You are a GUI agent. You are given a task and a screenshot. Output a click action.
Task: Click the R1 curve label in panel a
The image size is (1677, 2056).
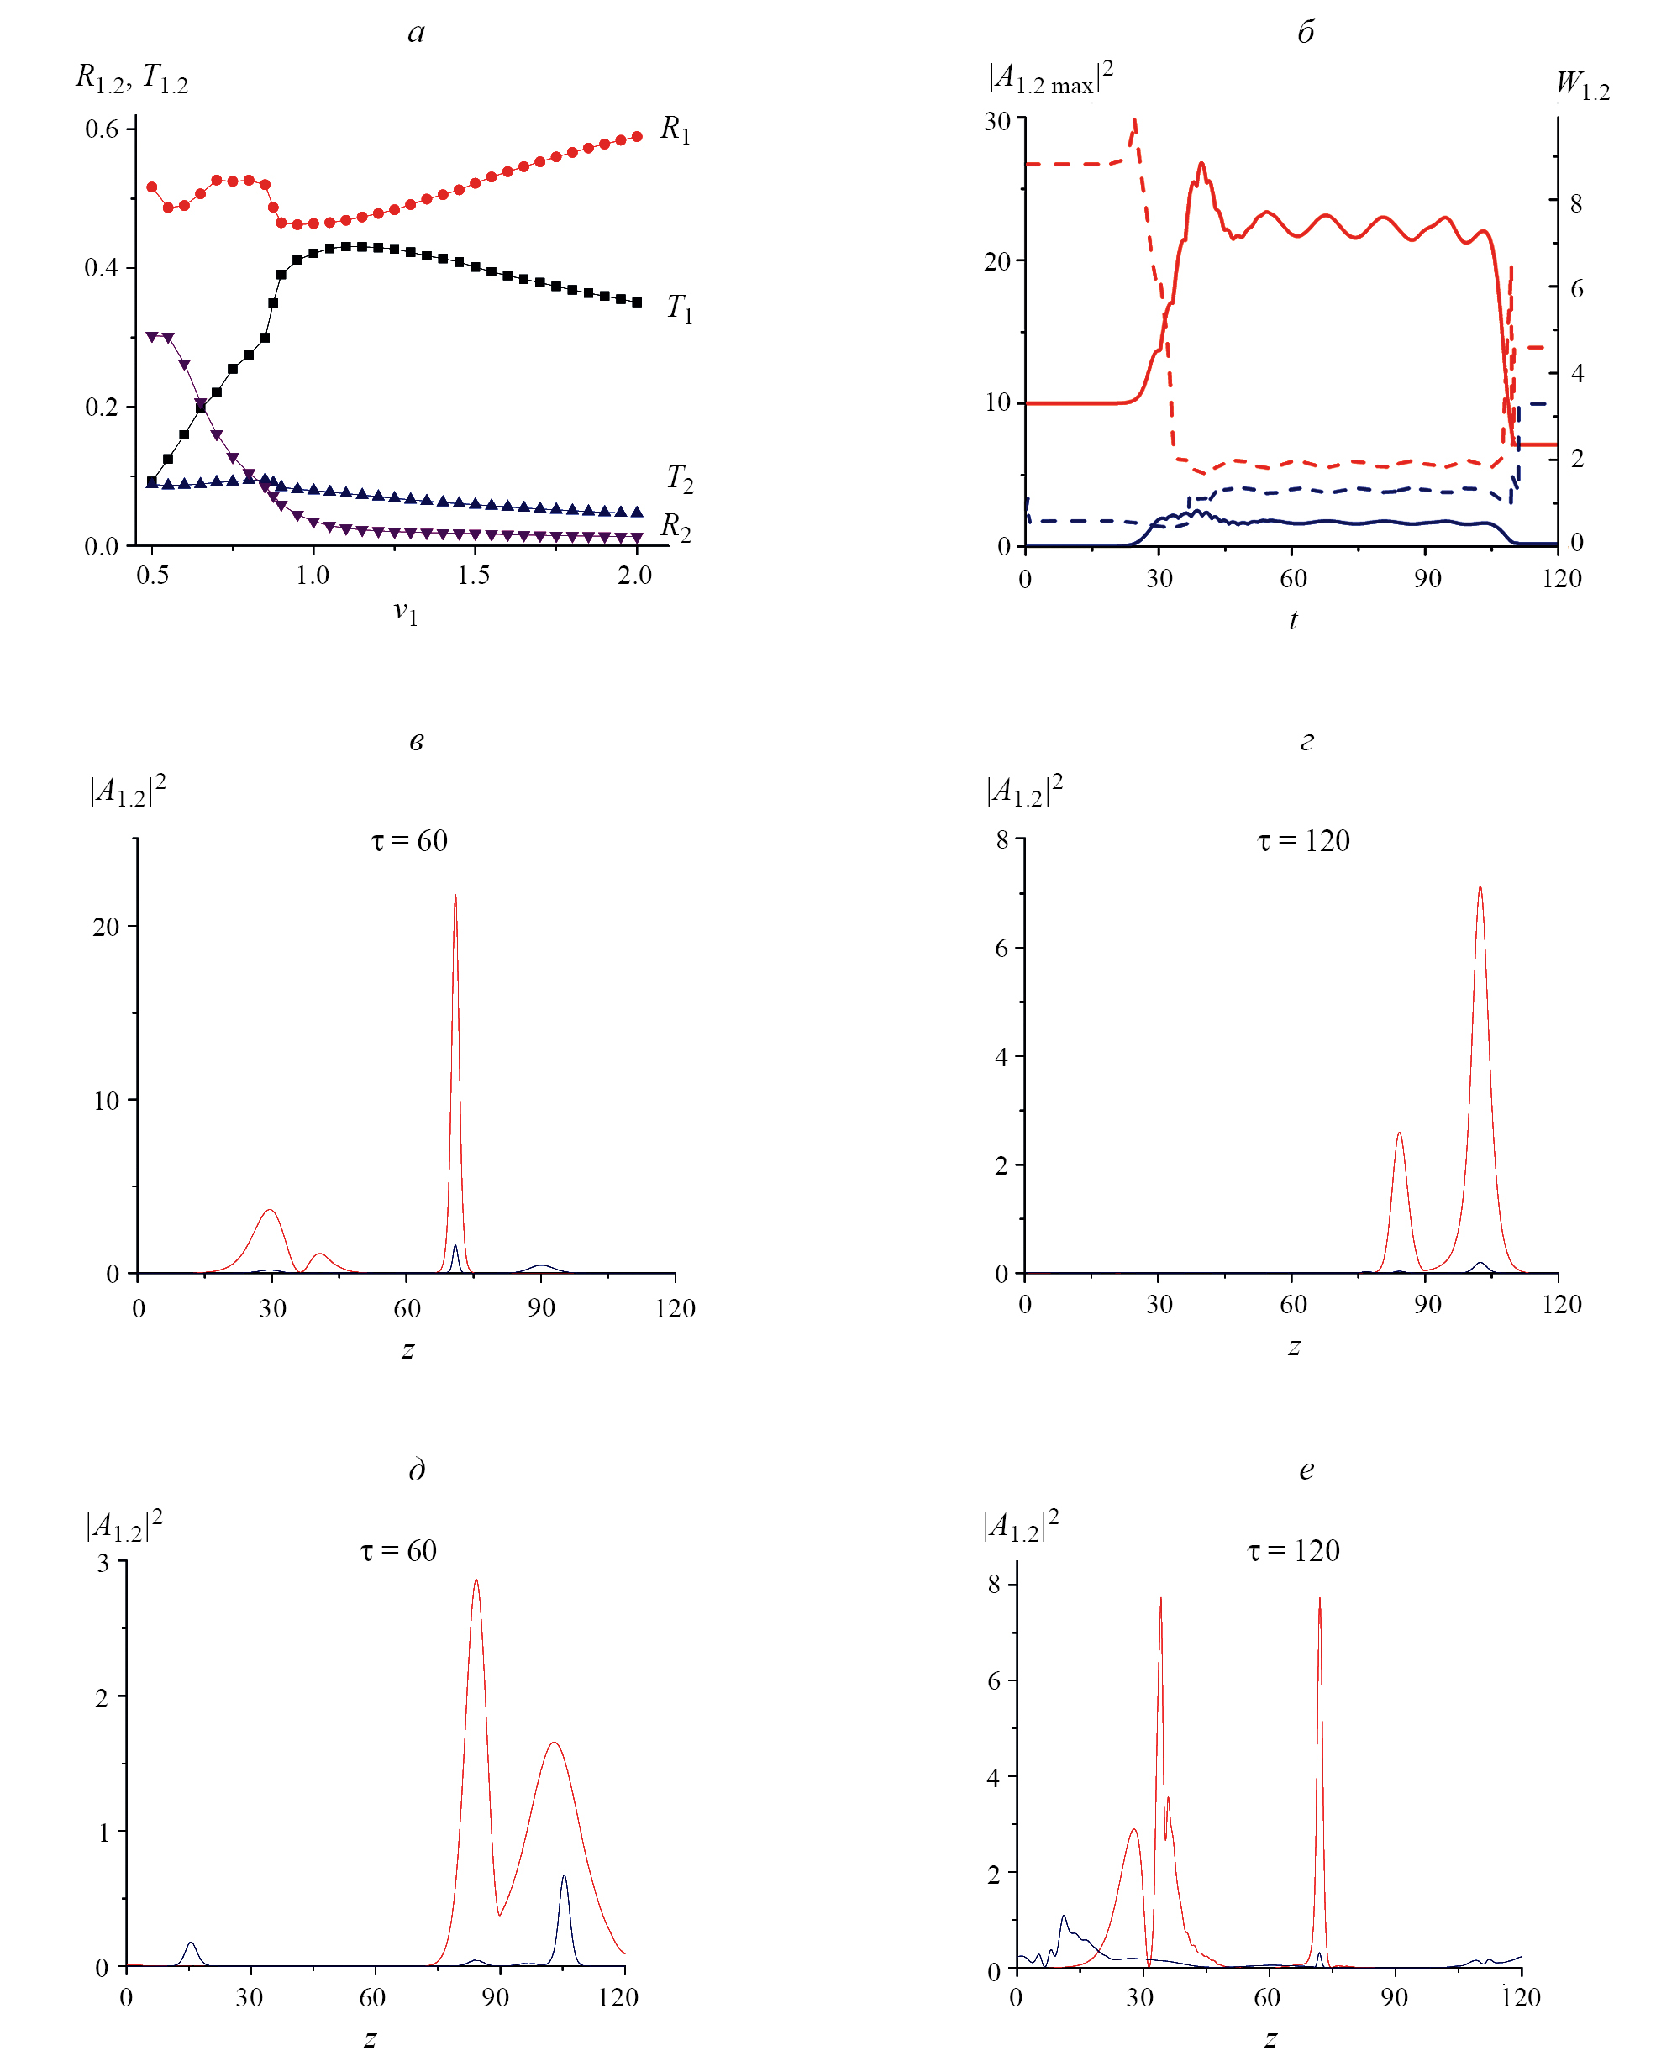676,129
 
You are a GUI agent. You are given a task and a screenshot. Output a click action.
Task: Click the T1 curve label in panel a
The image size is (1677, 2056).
679,309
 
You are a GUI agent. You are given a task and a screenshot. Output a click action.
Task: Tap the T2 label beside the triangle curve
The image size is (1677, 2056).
679,478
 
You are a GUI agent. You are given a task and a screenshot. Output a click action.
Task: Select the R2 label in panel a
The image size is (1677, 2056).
676,527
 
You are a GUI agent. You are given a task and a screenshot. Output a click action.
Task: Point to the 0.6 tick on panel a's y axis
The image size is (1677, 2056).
102,129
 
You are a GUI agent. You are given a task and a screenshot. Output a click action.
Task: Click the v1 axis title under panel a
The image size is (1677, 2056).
406,613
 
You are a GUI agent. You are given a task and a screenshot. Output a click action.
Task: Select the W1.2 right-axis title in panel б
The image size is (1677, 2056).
1582,85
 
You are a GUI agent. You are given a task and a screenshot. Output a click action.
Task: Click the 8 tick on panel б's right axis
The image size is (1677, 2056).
1576,204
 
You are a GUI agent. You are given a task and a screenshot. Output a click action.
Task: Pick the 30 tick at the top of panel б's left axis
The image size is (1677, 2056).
997,122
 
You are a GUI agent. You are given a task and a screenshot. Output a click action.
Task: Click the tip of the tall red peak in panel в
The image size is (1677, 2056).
455,896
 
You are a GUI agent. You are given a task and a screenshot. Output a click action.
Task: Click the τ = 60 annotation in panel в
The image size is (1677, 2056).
410,840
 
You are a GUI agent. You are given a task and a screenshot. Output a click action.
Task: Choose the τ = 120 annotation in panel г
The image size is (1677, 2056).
1303,840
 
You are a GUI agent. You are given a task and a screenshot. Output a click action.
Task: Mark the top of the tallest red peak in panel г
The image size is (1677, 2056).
1480,887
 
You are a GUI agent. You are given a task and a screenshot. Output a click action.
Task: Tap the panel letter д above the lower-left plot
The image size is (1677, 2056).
417,1470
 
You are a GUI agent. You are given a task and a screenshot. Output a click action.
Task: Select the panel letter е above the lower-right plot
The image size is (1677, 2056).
1306,1470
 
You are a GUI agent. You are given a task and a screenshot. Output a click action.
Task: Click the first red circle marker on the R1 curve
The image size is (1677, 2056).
152,187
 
